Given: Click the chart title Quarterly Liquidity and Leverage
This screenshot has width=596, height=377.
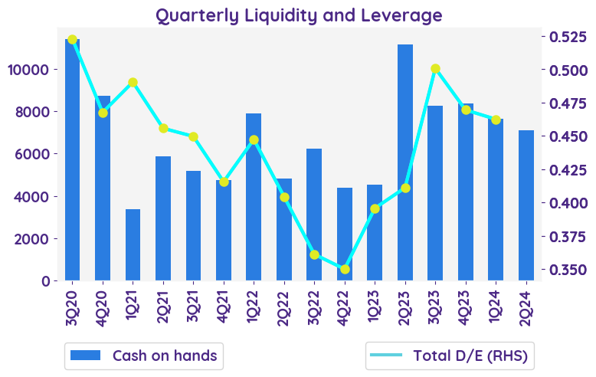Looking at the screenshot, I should tap(299, 15).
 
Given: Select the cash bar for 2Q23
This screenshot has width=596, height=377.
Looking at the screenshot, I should tap(405, 162).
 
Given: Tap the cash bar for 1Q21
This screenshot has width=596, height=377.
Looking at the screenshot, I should tap(133, 244).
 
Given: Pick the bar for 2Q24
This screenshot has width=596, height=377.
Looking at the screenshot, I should tap(526, 205).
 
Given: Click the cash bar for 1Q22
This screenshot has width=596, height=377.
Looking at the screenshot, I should tap(254, 197).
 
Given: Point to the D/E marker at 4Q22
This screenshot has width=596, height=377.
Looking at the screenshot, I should tap(345, 269).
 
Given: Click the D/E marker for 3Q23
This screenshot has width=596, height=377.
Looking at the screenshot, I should tap(435, 69).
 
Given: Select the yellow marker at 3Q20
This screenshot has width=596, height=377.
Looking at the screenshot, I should tap(73, 39).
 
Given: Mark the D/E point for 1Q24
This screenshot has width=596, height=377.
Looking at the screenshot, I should tap(496, 120).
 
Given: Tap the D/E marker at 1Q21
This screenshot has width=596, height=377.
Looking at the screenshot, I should tap(133, 83).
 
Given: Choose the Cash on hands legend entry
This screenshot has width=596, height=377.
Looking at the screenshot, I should tap(144, 356).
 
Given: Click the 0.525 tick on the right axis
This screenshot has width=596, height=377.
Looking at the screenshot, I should tap(565, 37).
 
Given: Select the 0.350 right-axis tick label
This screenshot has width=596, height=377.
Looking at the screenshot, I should tap(565, 270).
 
